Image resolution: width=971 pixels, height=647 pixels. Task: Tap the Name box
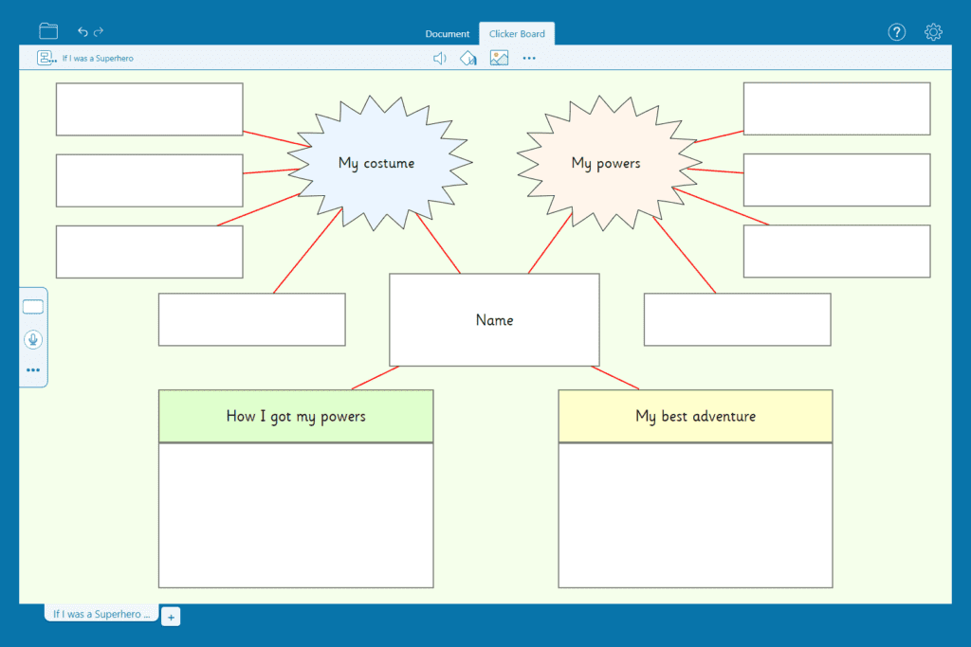coord(494,320)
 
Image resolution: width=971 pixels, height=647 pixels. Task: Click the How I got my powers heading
coord(296,416)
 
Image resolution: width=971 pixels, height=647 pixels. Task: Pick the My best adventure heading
coord(695,416)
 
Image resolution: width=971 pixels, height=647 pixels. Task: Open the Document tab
coord(448,34)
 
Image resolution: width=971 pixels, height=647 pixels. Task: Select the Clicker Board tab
coord(517,34)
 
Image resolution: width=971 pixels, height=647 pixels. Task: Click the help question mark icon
coord(897,32)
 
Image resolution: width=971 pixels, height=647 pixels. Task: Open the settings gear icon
coord(933,32)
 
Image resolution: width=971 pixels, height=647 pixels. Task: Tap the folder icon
coord(48,31)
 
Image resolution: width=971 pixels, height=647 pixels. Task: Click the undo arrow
coord(82,31)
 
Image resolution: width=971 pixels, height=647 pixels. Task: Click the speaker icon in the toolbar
coord(440,58)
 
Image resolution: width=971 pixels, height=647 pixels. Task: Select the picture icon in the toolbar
coord(499,58)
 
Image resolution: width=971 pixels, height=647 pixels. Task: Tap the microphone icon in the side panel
coord(33,339)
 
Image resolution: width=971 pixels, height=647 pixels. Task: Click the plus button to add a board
coord(171,617)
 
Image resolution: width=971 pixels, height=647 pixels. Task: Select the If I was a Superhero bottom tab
coord(101,614)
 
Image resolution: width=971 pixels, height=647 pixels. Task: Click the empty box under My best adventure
coord(695,515)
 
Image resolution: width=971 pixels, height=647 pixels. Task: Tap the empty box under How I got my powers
coord(296,515)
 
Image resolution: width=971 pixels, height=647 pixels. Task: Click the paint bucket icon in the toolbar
coord(468,58)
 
